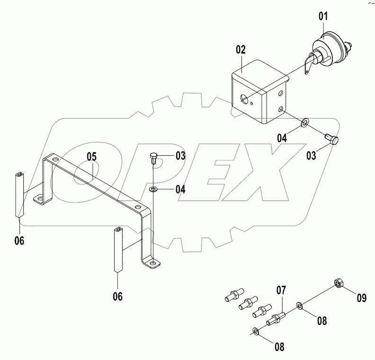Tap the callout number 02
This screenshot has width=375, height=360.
241,49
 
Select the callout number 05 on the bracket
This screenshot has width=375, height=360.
91,156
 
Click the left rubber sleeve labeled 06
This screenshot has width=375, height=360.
20,194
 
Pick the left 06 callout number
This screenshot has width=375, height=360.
19,240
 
